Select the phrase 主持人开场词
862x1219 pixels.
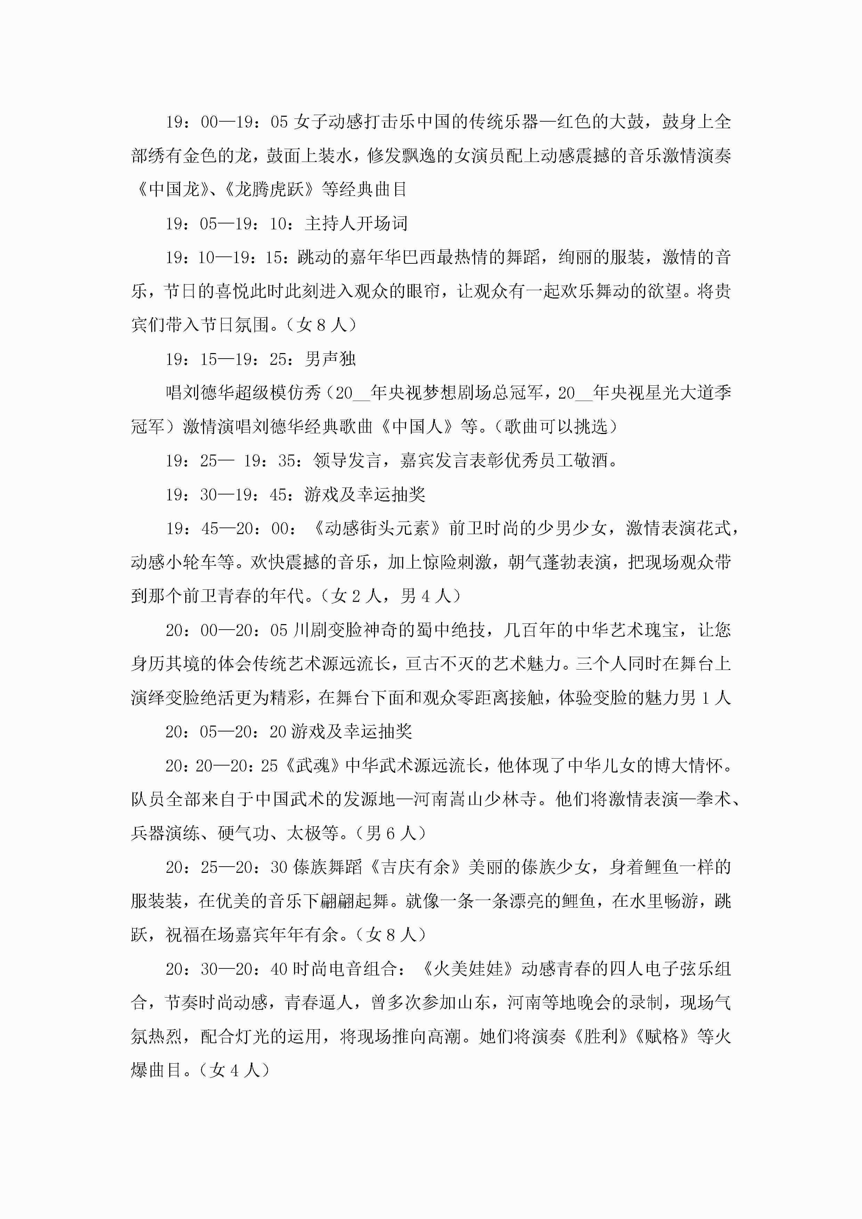[x=356, y=223]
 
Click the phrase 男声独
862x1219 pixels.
[x=330, y=359]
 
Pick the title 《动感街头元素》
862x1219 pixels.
[x=377, y=528]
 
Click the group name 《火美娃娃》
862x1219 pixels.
[x=468, y=969]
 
